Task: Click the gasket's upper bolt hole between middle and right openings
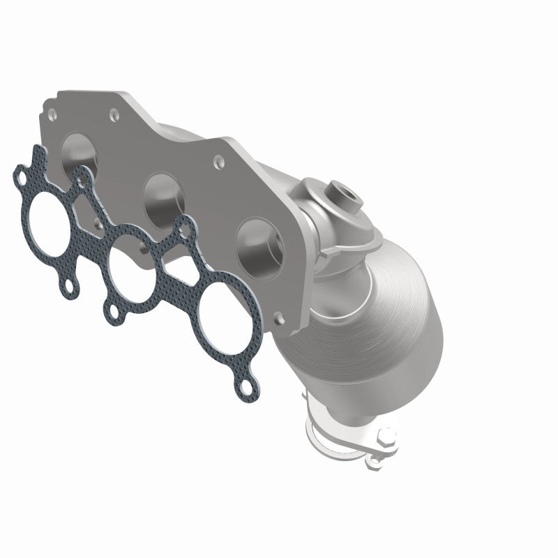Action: point(184,226)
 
